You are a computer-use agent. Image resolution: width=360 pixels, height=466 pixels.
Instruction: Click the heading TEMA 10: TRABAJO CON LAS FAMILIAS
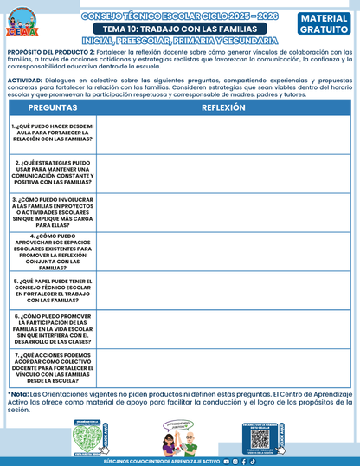tap(179, 29)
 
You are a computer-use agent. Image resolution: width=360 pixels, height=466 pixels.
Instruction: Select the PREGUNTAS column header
tap(53, 107)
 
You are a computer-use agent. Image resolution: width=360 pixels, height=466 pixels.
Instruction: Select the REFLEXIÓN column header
tap(223, 107)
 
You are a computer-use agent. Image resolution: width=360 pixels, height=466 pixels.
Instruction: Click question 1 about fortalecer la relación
tap(54, 133)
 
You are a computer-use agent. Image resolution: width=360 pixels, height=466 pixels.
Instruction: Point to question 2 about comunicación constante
tap(54, 172)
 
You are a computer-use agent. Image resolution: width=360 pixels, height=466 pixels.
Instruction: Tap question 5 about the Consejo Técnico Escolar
tap(54, 291)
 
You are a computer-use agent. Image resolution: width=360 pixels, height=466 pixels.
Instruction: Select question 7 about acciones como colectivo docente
tap(54, 367)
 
